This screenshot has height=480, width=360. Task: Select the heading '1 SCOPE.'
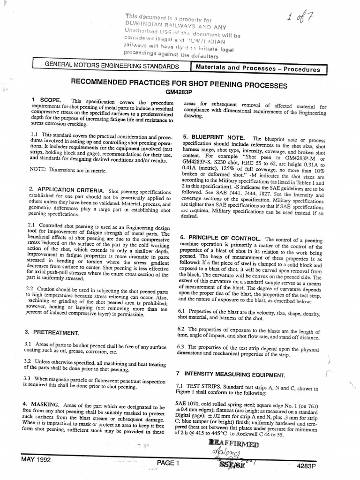point(44,101)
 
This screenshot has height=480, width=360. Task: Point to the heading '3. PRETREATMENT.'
point(52,332)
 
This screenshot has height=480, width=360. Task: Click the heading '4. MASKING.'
point(47,404)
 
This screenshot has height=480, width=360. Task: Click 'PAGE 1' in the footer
point(168,463)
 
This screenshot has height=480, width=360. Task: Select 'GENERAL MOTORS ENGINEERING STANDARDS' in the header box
point(111,67)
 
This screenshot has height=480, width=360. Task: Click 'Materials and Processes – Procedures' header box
point(258,68)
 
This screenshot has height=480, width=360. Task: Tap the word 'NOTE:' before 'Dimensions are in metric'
point(39,170)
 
